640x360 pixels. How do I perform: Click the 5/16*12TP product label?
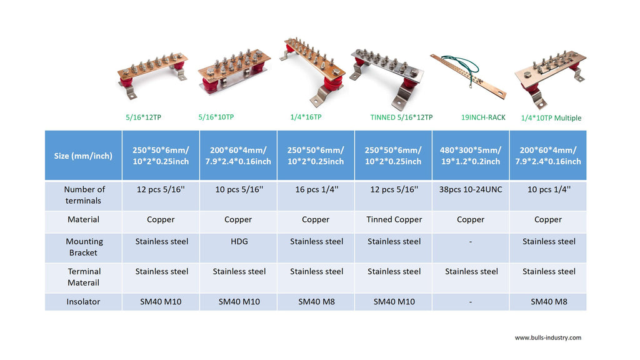coord(143,117)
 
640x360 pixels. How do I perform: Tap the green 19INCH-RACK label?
coord(483,117)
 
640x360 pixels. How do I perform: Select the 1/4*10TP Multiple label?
coord(551,118)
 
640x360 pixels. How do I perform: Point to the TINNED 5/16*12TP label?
coord(401,117)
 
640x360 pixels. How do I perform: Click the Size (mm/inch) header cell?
coord(83,156)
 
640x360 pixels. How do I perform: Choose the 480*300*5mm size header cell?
coord(471,156)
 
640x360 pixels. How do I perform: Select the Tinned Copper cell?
coord(394,219)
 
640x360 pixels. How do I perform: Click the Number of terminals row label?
coord(84,195)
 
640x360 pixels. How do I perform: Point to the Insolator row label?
coord(83,302)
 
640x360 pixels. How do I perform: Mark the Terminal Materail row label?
coord(84,277)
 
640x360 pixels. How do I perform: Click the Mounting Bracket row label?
coord(84,247)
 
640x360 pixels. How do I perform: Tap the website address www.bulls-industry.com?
coord(547,338)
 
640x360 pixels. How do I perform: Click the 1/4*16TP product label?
coord(306,117)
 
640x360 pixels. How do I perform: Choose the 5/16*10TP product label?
coord(216,117)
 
